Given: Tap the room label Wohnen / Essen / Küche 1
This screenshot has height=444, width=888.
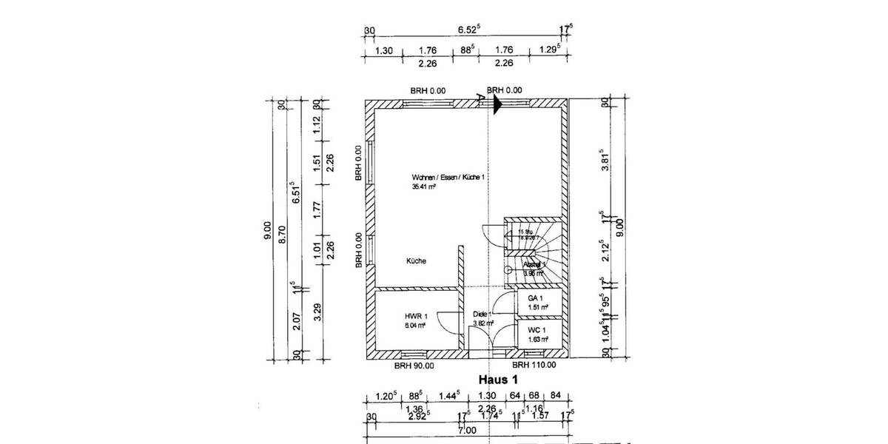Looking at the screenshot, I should [x=448, y=178].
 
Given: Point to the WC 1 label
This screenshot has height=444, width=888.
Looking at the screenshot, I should [x=537, y=330].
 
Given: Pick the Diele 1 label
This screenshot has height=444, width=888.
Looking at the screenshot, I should [x=482, y=314].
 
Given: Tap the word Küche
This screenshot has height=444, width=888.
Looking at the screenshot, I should [x=416, y=260].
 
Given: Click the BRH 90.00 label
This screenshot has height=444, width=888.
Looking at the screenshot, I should [x=414, y=365].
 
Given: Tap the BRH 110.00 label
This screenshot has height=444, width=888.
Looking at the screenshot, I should [x=534, y=365].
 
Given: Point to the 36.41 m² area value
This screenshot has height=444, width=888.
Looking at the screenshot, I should [x=424, y=188].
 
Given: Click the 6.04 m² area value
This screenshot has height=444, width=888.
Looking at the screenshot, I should [x=415, y=325].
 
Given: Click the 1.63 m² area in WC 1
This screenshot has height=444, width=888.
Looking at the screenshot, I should [x=537, y=340].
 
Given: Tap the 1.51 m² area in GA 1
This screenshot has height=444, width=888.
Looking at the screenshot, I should [x=537, y=307].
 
